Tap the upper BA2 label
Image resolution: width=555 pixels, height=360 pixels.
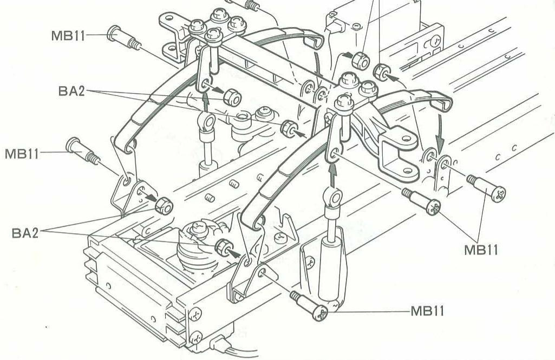[73, 90]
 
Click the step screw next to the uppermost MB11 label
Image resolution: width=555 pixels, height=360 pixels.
[122, 37]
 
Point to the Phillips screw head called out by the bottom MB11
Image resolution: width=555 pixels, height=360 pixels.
[321, 312]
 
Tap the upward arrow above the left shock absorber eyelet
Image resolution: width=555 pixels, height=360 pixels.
[205, 101]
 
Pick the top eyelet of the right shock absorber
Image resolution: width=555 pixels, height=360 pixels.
[334, 197]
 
